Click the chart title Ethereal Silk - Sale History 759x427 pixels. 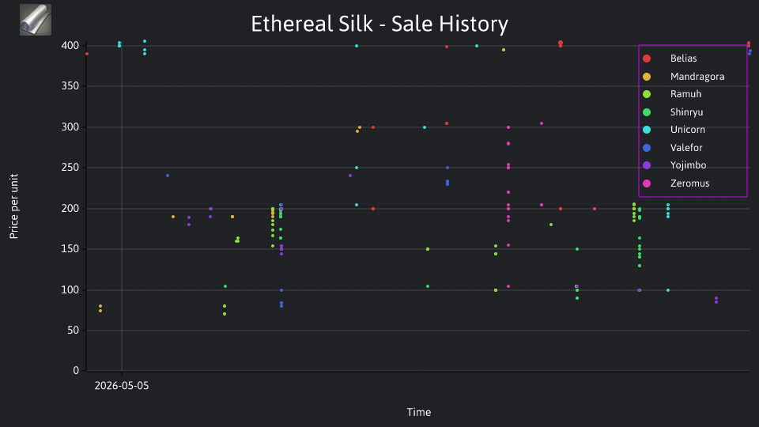(x=379, y=24)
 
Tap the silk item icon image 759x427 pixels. (x=36, y=20)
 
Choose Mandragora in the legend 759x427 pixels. (x=683, y=77)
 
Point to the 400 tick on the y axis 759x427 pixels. (x=70, y=46)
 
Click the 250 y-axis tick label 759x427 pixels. (x=70, y=168)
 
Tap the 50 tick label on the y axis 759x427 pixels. (x=73, y=331)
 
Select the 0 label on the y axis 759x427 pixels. (x=76, y=370)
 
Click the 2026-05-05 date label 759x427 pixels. (x=122, y=386)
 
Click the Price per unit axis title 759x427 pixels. (x=14, y=206)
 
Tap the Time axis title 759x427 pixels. (x=419, y=412)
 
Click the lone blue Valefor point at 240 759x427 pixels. (x=168, y=176)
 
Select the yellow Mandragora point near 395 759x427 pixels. (x=504, y=50)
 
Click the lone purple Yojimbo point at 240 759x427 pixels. (x=350, y=176)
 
